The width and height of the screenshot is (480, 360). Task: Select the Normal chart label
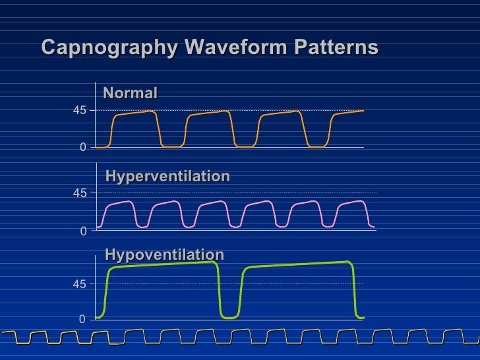131,94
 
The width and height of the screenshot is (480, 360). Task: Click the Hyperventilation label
167,177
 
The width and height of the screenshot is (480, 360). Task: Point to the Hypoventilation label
164,255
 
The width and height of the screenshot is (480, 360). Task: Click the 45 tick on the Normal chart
79,111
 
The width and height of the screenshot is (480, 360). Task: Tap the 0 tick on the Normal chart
82,148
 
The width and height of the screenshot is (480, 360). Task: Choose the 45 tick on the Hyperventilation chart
79,193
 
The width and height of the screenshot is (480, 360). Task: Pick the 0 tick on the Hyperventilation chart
82,231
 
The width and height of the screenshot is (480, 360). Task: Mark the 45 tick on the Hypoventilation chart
79,285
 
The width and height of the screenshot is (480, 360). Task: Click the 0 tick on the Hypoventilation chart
82,319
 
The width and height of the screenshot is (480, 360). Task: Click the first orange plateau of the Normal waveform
135,113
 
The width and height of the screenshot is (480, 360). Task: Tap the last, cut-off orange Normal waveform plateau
348,112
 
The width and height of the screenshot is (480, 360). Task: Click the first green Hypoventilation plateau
162,264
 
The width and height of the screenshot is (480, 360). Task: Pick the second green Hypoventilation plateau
297,264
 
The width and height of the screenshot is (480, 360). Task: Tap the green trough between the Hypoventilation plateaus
229,317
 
